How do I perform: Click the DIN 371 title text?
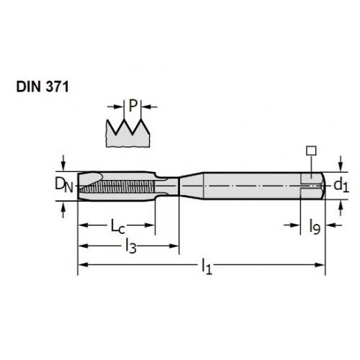42,86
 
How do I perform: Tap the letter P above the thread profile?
132,106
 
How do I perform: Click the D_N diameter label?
63,185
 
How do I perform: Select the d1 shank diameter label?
341,185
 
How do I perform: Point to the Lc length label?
117,226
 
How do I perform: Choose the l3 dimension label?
131,247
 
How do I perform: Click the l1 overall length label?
207,266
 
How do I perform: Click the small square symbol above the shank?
311,150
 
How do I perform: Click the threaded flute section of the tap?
117,186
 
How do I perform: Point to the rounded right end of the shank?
323,186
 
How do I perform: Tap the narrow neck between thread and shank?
167,185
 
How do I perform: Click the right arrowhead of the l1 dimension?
320,265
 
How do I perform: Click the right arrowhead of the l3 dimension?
174,246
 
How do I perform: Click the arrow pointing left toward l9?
334,225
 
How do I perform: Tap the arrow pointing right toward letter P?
115,107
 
